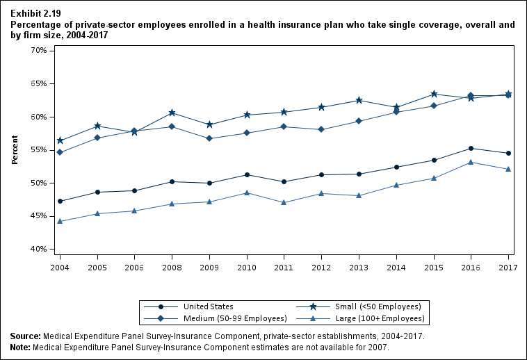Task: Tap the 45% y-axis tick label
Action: (x=37, y=216)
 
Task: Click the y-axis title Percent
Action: (x=15, y=150)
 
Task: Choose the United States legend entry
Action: (x=208, y=306)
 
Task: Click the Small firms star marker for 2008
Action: (x=172, y=113)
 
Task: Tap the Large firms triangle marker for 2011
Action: (x=284, y=202)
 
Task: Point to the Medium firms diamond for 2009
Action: (x=210, y=138)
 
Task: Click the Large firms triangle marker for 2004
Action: (x=60, y=221)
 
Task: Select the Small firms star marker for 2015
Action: (x=434, y=94)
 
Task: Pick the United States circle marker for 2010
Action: (x=248, y=174)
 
